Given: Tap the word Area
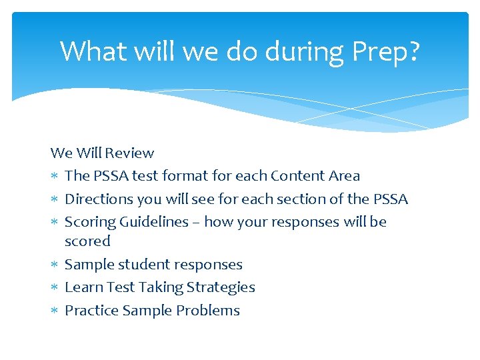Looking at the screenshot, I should coord(344,176).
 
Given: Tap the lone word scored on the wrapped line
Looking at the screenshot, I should coord(87,241).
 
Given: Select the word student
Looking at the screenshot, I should coord(143,265).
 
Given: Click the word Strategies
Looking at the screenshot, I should coord(221,287).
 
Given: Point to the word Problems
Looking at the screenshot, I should coord(207,311).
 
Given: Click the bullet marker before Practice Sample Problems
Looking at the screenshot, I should coord(55,311).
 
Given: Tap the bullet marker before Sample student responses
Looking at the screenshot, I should coord(55,265).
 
